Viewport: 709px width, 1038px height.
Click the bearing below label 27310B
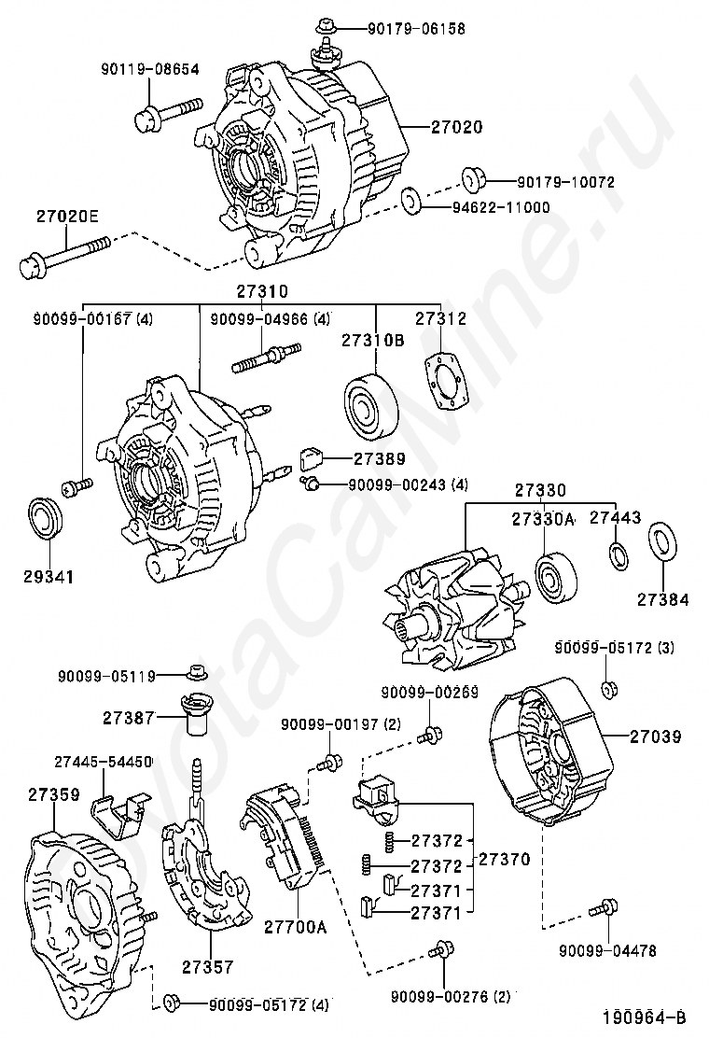point(370,404)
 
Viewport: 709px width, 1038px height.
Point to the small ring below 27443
point(617,554)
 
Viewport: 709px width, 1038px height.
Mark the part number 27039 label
point(654,736)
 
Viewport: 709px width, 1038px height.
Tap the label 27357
point(207,967)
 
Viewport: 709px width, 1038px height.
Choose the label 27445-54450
point(103,761)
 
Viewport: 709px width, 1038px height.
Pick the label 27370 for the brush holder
point(504,858)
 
